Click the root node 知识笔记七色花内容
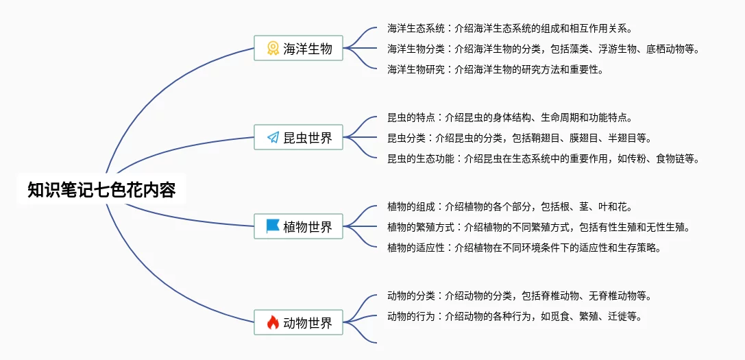point(101,190)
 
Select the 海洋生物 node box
point(298,48)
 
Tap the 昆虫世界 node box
point(298,137)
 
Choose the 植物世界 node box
point(298,226)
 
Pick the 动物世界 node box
point(298,322)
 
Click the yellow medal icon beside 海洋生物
point(273,48)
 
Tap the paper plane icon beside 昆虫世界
point(273,138)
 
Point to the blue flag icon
point(273,226)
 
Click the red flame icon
point(273,322)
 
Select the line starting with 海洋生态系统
point(509,29)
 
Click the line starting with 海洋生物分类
point(542,49)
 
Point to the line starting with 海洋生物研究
point(495,69)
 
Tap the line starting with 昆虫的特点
point(509,118)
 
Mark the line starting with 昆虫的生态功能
point(543,158)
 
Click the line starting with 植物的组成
point(509,206)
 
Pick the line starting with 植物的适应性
point(524,248)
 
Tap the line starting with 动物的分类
point(519,296)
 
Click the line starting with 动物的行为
point(514,316)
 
